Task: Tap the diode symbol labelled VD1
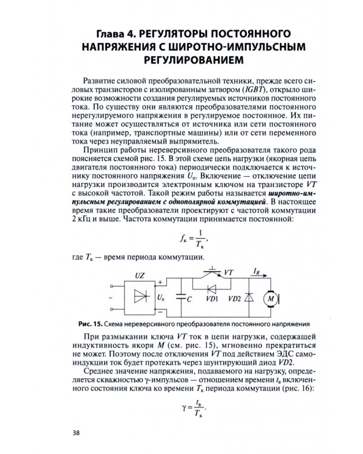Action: (211, 289)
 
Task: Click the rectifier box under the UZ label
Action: (140, 297)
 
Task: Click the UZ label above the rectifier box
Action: (140, 275)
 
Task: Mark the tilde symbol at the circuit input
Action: (110, 297)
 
